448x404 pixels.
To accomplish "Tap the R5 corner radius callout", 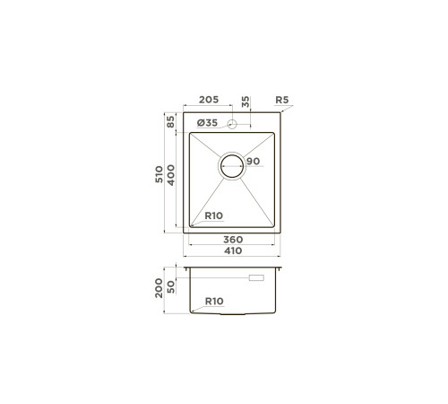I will (x=283, y=101).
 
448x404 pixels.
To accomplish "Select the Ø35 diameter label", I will (x=207, y=123).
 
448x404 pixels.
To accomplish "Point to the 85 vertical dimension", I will (x=169, y=121).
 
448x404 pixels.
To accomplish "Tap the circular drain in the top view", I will (x=231, y=166).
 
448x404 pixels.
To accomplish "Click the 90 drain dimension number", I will (x=252, y=162).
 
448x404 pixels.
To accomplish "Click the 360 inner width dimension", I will (x=233, y=240).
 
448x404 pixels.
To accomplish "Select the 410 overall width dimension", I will (x=233, y=250).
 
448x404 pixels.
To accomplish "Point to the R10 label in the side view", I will (x=214, y=301).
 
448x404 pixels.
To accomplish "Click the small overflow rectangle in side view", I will (x=256, y=280).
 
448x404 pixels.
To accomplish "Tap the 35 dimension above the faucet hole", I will (x=246, y=103).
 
